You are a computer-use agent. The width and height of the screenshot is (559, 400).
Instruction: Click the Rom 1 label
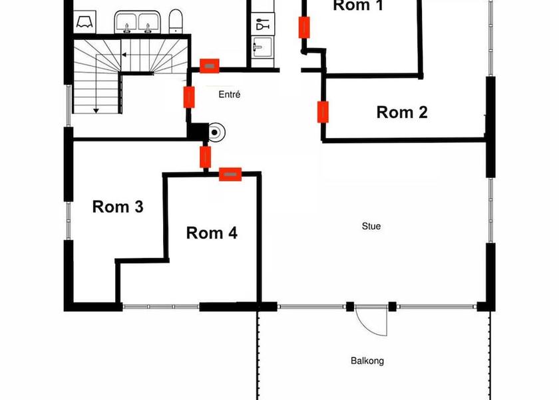coord(358,6)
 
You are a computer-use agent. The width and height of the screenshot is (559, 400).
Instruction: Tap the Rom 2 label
coord(402,112)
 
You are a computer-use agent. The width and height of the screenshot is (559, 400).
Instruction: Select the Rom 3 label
coord(118,207)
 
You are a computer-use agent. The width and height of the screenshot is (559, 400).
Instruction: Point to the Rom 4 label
coord(212,233)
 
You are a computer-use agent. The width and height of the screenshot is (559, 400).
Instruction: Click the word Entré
coord(229,95)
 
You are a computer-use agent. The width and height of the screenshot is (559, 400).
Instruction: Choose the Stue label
coord(371,227)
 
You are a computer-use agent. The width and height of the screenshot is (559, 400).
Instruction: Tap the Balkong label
coord(367,361)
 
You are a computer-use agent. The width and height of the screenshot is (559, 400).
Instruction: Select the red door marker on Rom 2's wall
coord(323,112)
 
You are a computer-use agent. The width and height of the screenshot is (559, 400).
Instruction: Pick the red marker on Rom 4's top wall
coord(230,174)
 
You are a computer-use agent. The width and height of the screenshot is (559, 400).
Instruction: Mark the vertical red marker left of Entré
coord(189,97)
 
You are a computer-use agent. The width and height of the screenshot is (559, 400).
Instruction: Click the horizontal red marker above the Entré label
coord(210,65)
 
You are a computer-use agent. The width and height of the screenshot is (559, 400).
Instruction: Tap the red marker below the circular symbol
coord(206,157)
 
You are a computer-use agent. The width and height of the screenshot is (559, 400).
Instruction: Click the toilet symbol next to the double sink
coord(175,22)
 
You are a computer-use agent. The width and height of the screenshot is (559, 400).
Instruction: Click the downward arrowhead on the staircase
coord(96,110)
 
